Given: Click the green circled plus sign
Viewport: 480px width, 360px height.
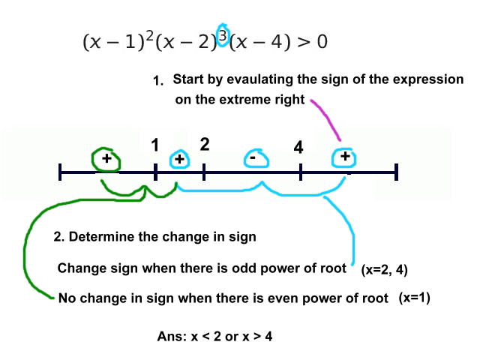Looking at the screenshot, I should coord(106,159).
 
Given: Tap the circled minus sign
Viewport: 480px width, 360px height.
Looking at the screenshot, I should coord(254,159).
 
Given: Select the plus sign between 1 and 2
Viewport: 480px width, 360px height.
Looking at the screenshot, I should coord(179,159).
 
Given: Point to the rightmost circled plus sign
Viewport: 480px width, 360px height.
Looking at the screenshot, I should coord(344,157).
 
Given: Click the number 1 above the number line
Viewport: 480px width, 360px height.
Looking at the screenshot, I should coord(154,145).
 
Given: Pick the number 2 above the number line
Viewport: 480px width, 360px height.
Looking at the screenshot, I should coord(204,144).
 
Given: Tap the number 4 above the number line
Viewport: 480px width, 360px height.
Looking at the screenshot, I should coord(298,148).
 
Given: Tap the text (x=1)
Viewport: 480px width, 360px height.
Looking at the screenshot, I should coord(415,298).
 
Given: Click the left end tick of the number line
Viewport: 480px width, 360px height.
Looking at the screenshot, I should coord(60,173).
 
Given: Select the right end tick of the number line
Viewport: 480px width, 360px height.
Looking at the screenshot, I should coord(396,173).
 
